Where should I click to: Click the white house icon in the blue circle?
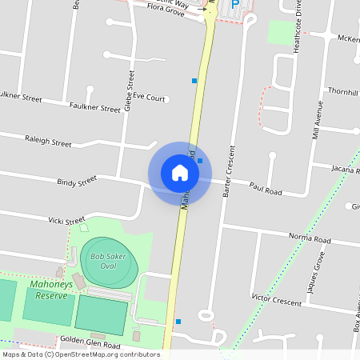click(179, 172)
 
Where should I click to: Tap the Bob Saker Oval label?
click(110, 261)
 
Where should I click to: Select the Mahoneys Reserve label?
click(52, 289)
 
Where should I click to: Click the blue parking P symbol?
click(235, 5)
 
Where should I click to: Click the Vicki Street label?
click(66, 220)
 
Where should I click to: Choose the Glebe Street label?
click(129, 89)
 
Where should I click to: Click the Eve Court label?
click(149, 98)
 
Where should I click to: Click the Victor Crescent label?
click(276, 300)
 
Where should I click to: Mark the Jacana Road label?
click(346, 169)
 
